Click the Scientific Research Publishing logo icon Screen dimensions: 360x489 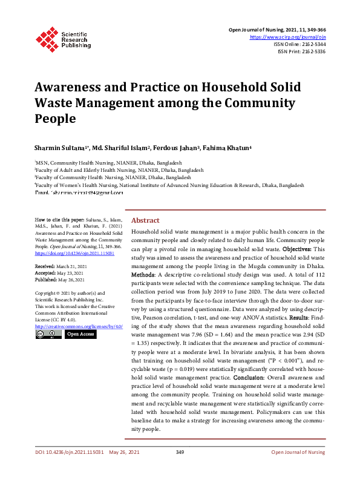coord(46,37)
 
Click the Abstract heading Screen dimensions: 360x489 coord(145,220)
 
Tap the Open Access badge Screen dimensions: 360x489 coord(80,333)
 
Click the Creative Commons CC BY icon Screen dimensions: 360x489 coord(48,333)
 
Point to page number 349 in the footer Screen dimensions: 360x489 coord(180,469)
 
